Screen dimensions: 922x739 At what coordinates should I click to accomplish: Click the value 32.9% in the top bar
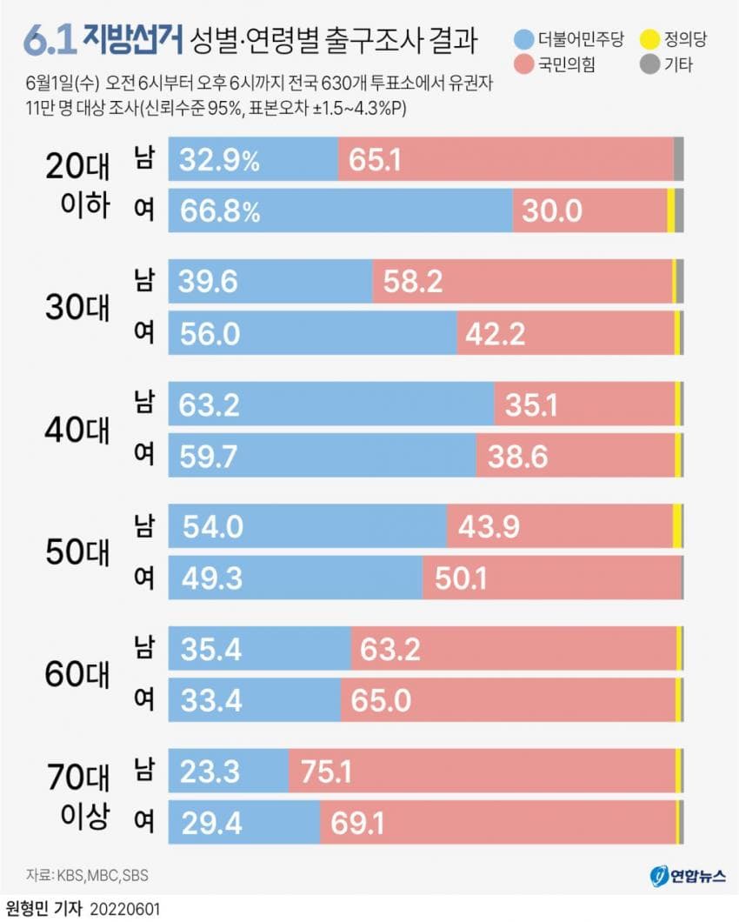(x=219, y=159)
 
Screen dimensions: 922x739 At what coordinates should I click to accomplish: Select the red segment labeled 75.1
(x=482, y=771)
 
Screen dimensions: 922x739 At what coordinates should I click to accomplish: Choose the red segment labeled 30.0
(x=589, y=210)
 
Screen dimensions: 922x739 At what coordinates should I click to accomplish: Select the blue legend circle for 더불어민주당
(x=523, y=39)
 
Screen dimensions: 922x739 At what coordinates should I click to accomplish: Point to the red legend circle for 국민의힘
(x=523, y=63)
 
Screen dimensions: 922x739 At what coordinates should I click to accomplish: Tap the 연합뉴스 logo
(x=687, y=876)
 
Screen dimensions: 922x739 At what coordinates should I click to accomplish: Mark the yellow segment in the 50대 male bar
(x=677, y=526)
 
